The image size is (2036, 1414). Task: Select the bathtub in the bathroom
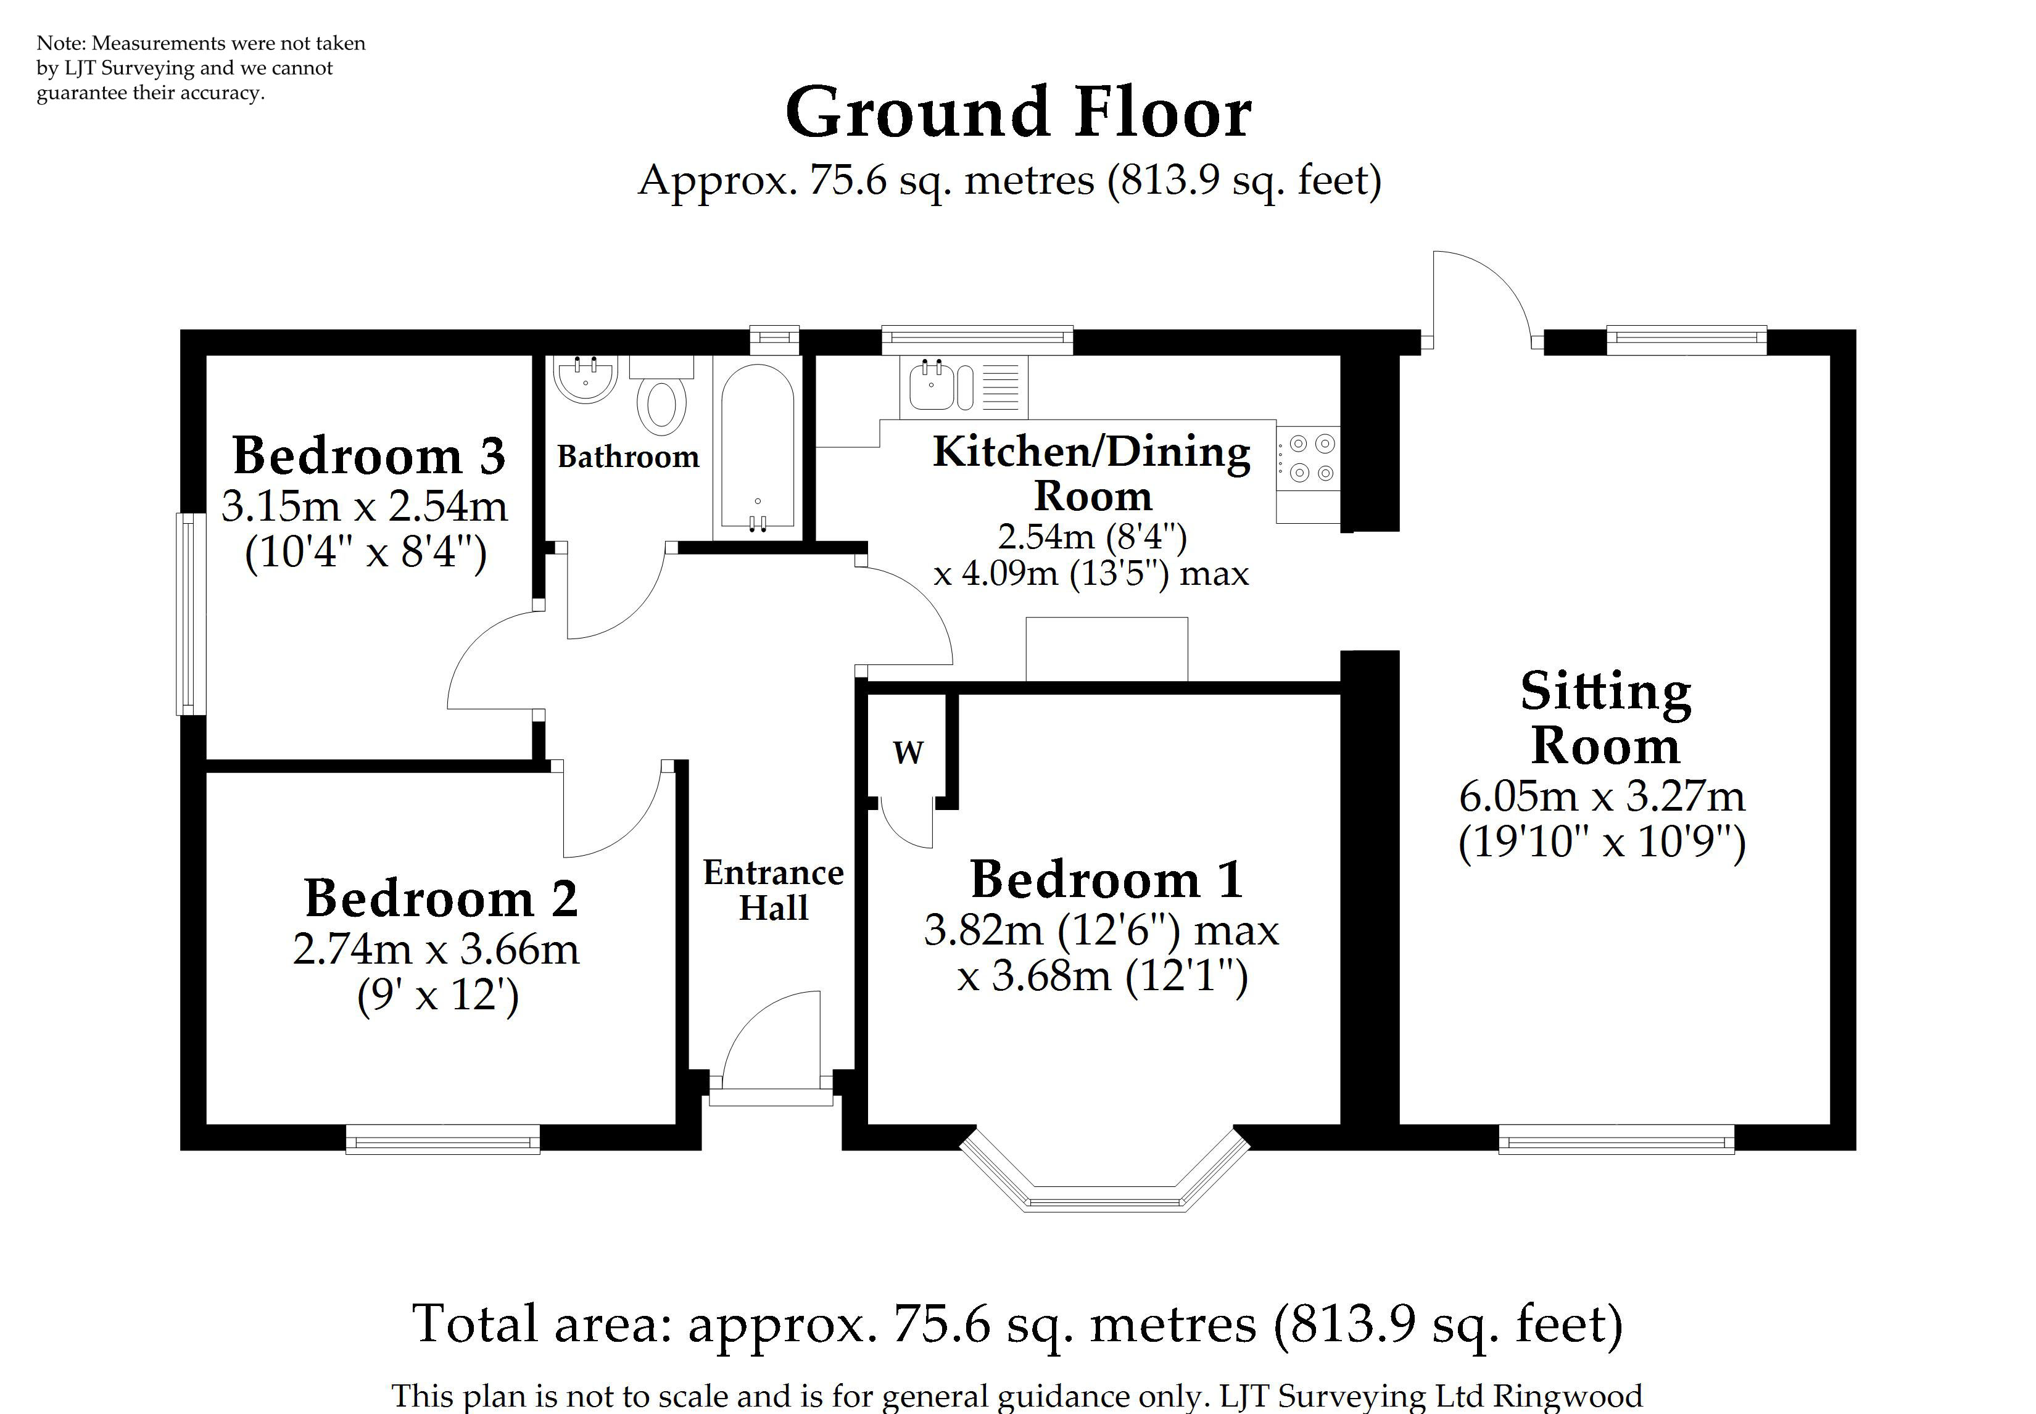758,447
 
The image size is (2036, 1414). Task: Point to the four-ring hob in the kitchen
1309,458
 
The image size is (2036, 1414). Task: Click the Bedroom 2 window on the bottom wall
442,1139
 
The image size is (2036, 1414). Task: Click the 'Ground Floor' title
1018,114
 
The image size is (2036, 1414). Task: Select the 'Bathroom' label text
628,457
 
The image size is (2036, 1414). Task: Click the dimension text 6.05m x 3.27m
1602,796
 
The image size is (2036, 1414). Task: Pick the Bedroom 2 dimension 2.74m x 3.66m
436,949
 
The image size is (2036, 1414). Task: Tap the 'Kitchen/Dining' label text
1091,452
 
